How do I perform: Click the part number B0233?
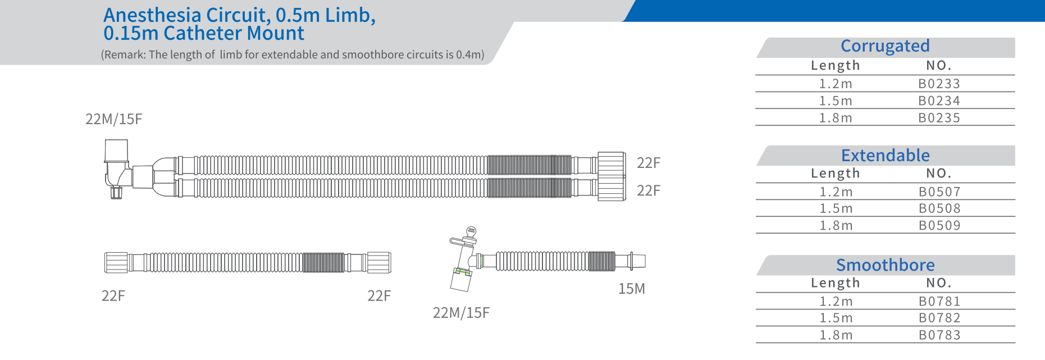(939, 84)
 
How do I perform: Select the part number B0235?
(939, 118)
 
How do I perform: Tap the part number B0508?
(939, 208)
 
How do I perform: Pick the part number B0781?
(939, 302)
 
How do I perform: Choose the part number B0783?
(939, 335)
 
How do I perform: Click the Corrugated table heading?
(885, 46)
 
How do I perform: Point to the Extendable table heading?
(886, 156)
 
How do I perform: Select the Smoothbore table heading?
(886, 265)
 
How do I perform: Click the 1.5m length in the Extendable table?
(836, 208)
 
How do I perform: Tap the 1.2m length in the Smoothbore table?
(836, 302)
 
